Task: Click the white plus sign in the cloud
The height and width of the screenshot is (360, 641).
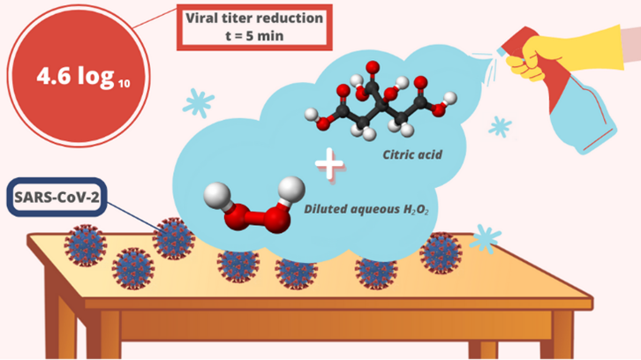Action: [328, 164]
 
